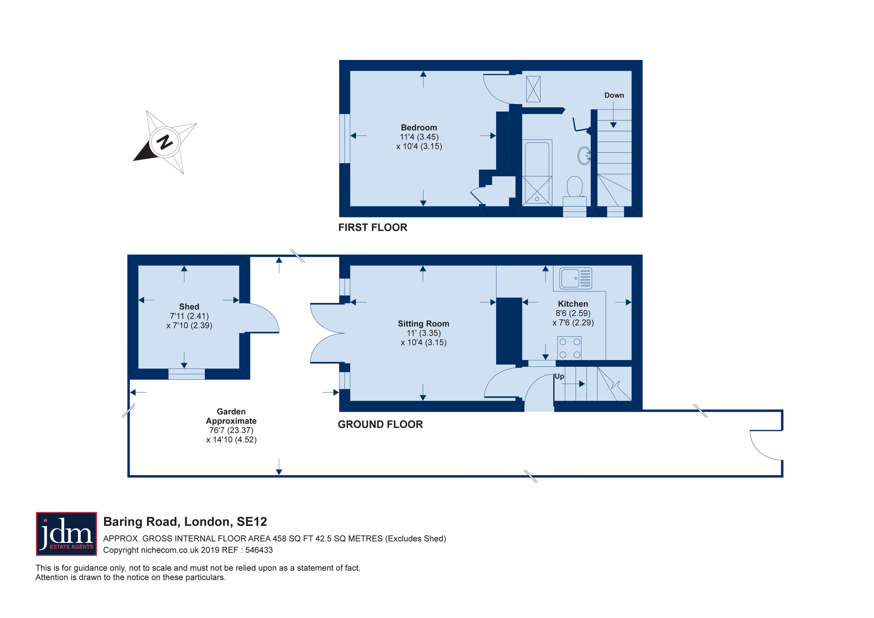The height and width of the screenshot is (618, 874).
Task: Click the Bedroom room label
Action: pyautogui.click(x=419, y=128)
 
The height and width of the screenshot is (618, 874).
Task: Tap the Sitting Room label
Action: pyautogui.click(x=423, y=324)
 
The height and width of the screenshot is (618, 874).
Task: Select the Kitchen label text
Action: pyautogui.click(x=573, y=304)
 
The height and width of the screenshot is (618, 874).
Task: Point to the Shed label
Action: pyautogui.click(x=189, y=307)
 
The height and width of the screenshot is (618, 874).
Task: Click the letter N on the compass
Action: pyautogui.click(x=164, y=142)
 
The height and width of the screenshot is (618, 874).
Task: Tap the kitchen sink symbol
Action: pyautogui.click(x=576, y=278)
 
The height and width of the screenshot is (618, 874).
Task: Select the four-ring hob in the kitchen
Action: pyautogui.click(x=569, y=348)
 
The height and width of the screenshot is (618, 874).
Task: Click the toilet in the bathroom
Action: pyautogui.click(x=575, y=191)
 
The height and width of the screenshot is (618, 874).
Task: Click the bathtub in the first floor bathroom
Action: pyautogui.click(x=537, y=173)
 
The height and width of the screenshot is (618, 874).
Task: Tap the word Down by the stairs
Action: pyautogui.click(x=614, y=95)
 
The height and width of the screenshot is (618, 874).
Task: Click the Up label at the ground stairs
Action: pyautogui.click(x=559, y=376)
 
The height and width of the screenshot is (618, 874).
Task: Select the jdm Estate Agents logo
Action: pyautogui.click(x=66, y=534)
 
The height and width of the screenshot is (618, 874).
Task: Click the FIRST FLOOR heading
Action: pyautogui.click(x=373, y=227)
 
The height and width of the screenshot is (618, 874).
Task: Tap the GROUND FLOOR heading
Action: pyautogui.click(x=380, y=424)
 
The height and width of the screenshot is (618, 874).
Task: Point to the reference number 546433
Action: pyautogui.click(x=259, y=550)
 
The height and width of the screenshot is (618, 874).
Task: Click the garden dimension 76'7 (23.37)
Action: pyautogui.click(x=231, y=431)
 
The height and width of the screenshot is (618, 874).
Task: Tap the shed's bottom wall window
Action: pyautogui.click(x=187, y=374)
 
